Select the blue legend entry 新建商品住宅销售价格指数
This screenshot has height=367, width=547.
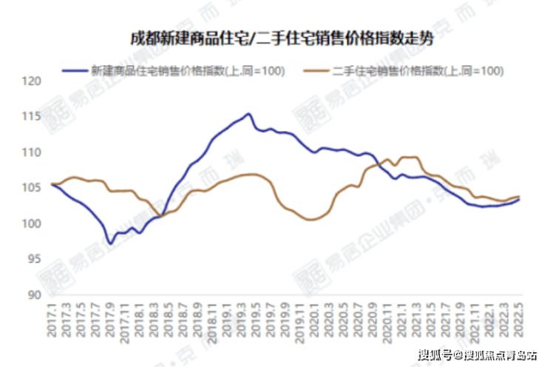coord(185,71)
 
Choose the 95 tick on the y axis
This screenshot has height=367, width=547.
coord(33,259)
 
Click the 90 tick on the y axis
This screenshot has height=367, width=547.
coord(33,294)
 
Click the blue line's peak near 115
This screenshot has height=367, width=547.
coord(248,114)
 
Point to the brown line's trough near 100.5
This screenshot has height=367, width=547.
coord(311,220)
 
